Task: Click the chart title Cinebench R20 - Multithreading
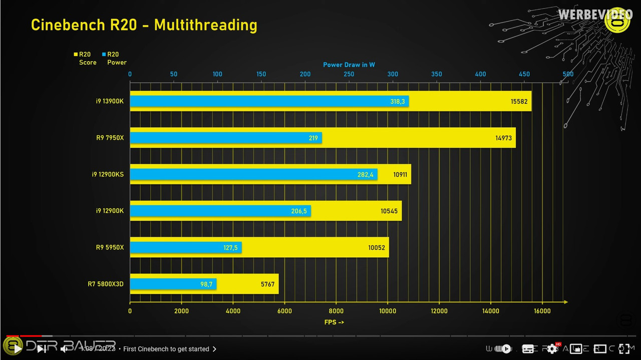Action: coord(144,25)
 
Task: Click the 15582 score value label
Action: coord(519,101)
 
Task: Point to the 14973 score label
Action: coord(503,138)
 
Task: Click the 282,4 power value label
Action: coord(365,175)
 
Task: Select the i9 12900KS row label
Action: coord(108,175)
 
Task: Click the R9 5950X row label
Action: coord(110,247)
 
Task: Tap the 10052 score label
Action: coord(377,247)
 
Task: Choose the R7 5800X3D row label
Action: coord(106,284)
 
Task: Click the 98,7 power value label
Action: coord(206,284)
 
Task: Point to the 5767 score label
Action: coord(267,284)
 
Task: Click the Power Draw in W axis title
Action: coord(349,65)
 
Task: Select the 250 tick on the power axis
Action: coord(349,74)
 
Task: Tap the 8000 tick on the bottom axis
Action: coord(336,311)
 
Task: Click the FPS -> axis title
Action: coord(334,322)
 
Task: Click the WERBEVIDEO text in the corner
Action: coord(595,15)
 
